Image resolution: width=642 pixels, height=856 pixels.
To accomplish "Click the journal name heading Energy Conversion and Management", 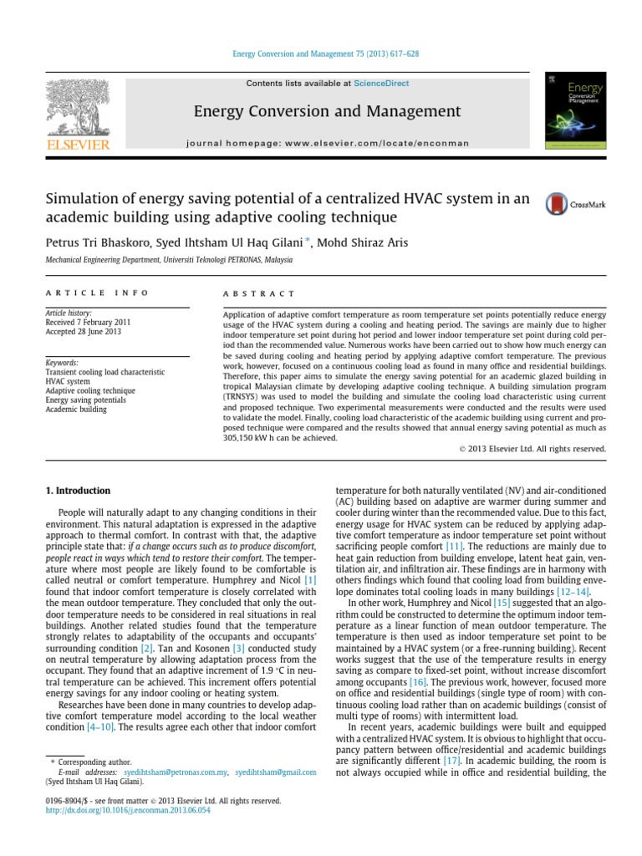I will tap(327, 111).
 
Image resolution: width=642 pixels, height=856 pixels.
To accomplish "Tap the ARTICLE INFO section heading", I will tap(97, 293).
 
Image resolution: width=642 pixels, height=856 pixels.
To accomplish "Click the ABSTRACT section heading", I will tap(259, 293).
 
